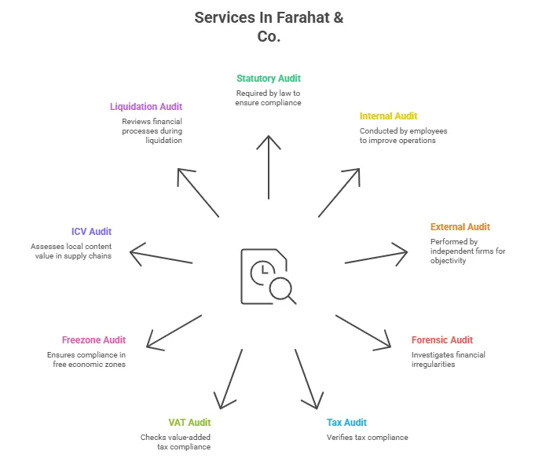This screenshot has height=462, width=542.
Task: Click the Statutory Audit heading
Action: pos(269,79)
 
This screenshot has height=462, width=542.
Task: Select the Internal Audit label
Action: pos(389,116)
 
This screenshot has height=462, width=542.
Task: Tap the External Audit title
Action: pos(460,227)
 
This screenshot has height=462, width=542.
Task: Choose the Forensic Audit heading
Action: pos(442,340)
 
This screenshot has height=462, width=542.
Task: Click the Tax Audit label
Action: pos(346,423)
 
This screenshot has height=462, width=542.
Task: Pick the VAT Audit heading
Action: pos(189,423)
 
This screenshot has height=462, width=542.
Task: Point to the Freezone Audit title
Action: pos(93,340)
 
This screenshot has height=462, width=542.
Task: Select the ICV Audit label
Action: pos(91,232)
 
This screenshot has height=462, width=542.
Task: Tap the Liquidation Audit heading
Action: pos(146,106)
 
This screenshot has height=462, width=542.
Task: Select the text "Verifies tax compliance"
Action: pos(367,438)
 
